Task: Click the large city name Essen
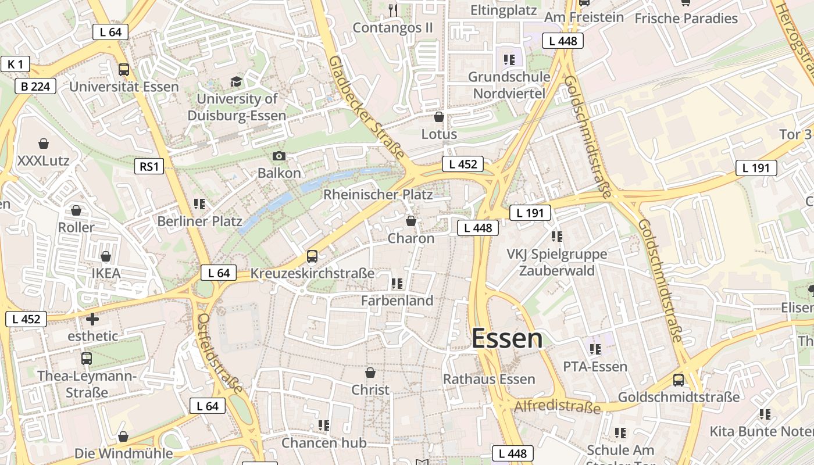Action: [507, 339]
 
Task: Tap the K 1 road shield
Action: [15, 64]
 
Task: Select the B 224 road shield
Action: [35, 87]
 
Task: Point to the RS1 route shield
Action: [149, 167]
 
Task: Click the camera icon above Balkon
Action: [279, 156]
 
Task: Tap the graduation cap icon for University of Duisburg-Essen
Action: [236, 81]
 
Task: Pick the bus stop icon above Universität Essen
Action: [124, 70]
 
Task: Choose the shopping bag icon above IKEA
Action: [106, 256]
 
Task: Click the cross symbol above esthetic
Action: [92, 319]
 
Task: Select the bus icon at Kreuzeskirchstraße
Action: [312, 256]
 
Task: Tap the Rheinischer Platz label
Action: [378, 194]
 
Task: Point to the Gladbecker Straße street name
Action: [366, 107]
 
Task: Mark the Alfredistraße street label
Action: [557, 406]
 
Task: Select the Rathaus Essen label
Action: [489, 379]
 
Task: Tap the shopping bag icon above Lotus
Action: [439, 117]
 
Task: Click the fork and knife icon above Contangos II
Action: [393, 10]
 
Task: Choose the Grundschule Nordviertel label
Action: [509, 85]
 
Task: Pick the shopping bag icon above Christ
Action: [370, 373]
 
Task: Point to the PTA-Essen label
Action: [595, 367]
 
